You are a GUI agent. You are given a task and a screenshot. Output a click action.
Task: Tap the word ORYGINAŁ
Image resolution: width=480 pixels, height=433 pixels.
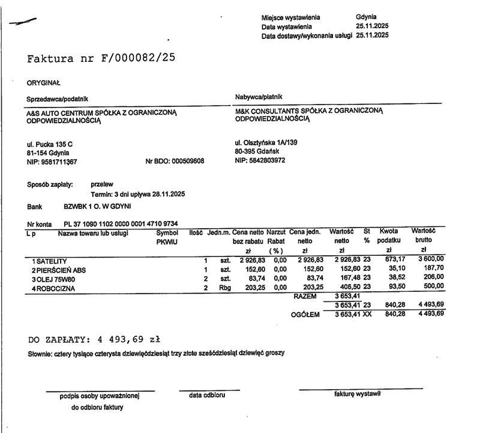[x=43, y=83]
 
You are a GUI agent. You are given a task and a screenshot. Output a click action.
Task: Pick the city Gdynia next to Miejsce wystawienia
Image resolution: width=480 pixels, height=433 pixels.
[x=366, y=17]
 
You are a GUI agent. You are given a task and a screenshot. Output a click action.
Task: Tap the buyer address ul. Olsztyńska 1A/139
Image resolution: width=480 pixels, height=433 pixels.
[x=266, y=143]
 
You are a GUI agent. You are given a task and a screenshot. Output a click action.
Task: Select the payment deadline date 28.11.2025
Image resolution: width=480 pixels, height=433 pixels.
[x=168, y=194]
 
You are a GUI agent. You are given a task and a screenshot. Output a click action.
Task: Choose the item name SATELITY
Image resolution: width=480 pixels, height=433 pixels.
[x=51, y=261]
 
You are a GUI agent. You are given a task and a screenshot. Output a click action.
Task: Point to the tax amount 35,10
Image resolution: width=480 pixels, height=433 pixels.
[x=389, y=268]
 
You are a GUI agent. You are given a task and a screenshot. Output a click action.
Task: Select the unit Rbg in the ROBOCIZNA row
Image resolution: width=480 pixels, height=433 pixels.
[x=224, y=288]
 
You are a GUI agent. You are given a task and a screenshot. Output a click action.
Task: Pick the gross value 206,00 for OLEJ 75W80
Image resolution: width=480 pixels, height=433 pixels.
[x=434, y=277]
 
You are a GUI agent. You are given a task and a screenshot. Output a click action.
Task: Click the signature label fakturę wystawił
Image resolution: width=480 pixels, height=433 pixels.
[x=357, y=394]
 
